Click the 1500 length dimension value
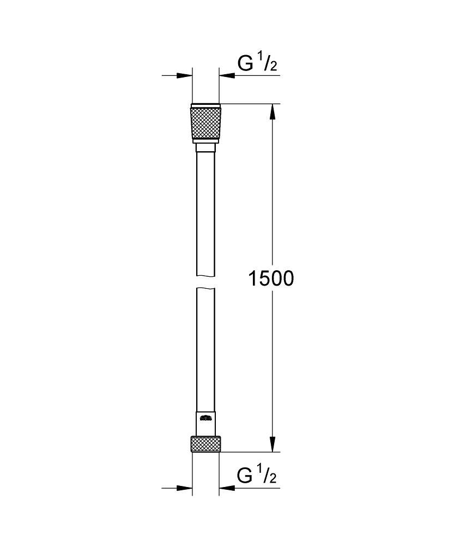point(271,278)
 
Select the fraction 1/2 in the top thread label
point(267,63)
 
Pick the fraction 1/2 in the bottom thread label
point(267,476)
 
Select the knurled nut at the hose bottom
point(205,444)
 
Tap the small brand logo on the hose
point(205,419)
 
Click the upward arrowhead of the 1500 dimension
point(273,111)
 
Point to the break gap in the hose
point(205,282)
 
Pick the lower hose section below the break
point(205,349)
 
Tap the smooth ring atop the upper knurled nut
point(205,105)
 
